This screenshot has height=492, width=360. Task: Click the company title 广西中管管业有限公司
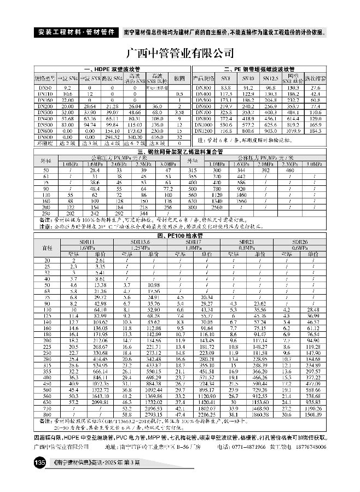tap(180, 54)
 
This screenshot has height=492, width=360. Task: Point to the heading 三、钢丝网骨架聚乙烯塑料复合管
tap(180, 150)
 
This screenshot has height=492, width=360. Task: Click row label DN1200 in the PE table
tap(203, 131)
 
